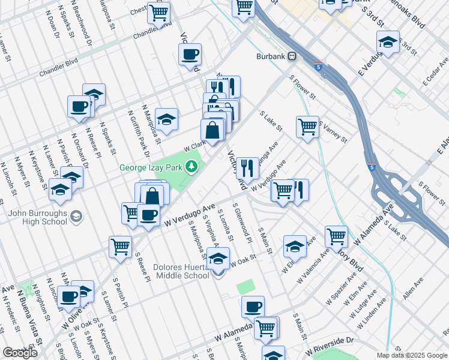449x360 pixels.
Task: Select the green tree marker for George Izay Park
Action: point(191,166)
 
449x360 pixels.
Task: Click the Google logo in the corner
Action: point(20,352)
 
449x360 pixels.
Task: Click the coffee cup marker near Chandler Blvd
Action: point(190,54)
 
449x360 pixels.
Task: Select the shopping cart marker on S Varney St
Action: point(307,126)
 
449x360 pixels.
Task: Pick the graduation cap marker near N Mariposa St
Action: point(166,118)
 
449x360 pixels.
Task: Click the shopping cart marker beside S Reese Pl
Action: point(120,246)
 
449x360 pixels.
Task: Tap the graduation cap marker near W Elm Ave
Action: point(294,245)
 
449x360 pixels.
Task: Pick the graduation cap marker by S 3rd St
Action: point(388,42)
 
